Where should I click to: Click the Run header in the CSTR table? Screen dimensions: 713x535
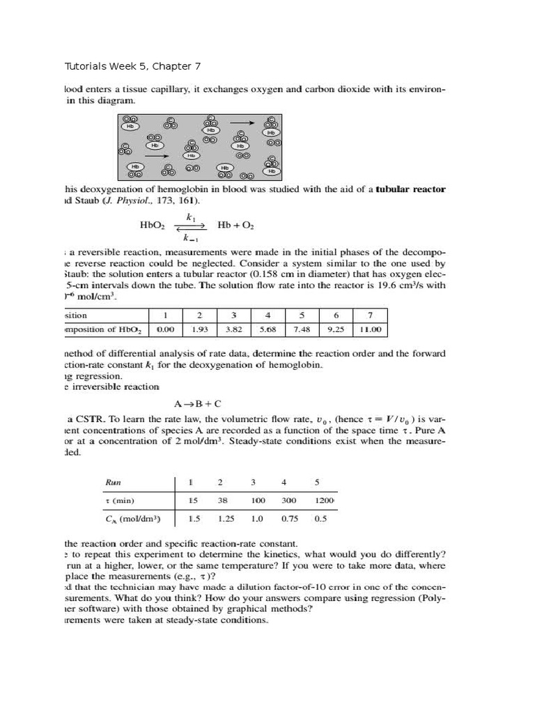[x=113, y=482]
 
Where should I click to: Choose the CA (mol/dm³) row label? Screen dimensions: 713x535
[x=132, y=519]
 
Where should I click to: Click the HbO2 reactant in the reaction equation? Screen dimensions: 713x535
[x=152, y=226]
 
